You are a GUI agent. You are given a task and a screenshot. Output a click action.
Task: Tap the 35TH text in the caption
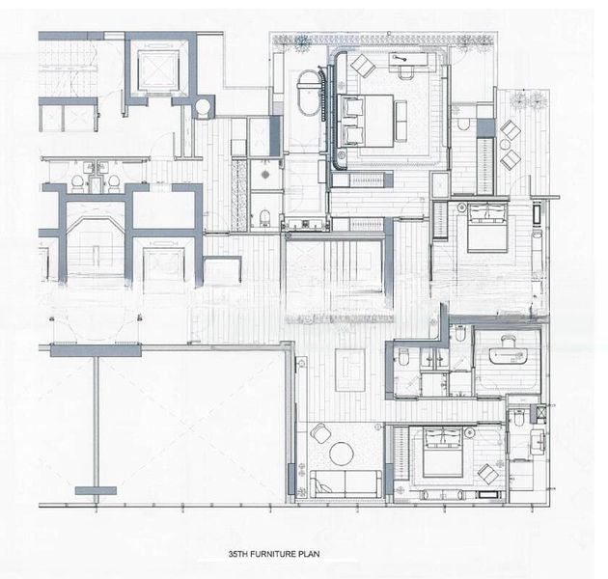click(238, 556)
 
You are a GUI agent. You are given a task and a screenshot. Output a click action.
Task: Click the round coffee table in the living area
click(344, 453)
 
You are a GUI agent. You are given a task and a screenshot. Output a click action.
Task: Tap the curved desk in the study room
click(507, 353)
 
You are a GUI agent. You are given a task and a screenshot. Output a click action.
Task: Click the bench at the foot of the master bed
click(368, 179)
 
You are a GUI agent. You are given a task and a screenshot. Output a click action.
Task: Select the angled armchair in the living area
click(318, 435)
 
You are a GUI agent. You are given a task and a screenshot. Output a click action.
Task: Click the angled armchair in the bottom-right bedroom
click(489, 473)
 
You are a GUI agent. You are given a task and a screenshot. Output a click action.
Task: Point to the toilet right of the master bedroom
click(464, 124)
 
